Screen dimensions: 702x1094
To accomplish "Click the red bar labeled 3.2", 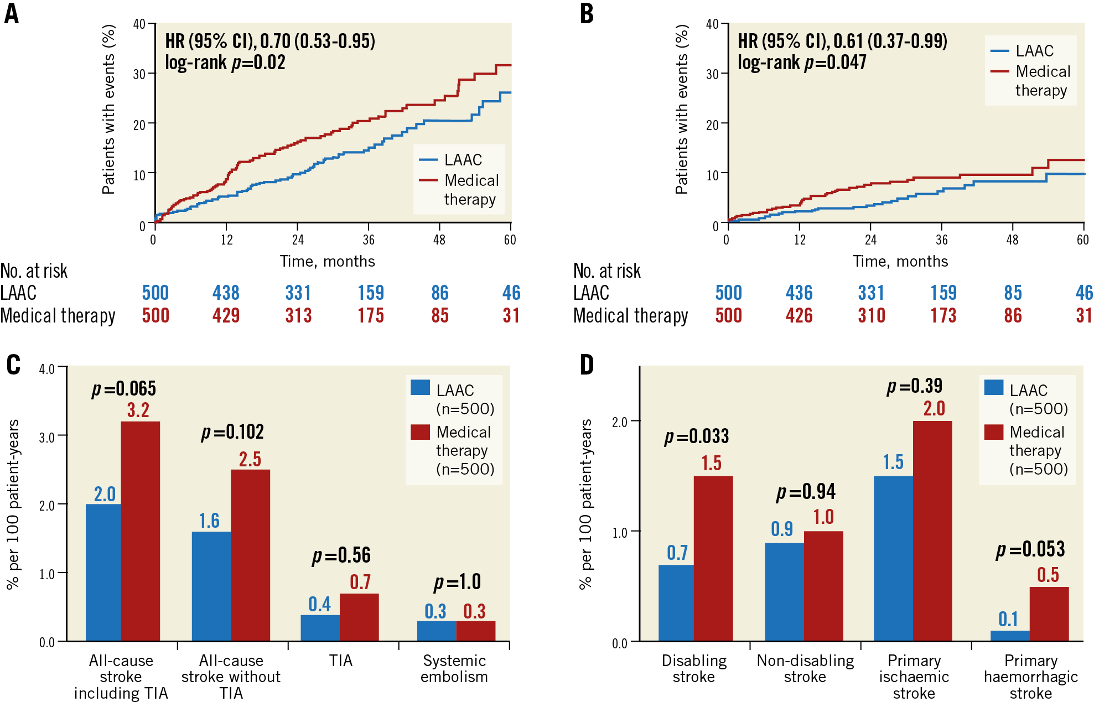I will [x=141, y=531].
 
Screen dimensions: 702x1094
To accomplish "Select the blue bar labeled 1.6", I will [x=211, y=586].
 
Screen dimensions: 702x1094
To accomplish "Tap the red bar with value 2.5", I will [x=251, y=555].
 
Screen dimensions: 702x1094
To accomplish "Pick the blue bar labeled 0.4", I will [x=320, y=627].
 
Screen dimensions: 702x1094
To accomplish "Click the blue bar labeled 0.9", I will [x=784, y=591].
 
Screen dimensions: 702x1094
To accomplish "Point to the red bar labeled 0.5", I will [x=1049, y=613].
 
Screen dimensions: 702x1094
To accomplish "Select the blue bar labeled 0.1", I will [x=1010, y=635].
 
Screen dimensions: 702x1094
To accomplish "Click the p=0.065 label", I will [x=124, y=389].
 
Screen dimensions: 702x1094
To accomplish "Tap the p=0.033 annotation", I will [x=697, y=436].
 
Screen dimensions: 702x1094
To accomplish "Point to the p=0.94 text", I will [x=806, y=492].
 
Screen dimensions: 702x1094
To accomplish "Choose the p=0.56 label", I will [x=341, y=555].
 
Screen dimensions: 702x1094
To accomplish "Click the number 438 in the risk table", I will [x=226, y=293].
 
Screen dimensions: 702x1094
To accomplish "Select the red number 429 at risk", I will [x=226, y=315].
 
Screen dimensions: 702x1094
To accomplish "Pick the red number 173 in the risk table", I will [x=943, y=315].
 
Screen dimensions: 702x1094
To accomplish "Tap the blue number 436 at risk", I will [x=799, y=293].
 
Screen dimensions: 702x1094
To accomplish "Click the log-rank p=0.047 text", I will [x=802, y=63].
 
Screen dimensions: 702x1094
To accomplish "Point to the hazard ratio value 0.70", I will [x=275, y=41].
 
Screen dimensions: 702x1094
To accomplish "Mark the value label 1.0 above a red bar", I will [x=823, y=517].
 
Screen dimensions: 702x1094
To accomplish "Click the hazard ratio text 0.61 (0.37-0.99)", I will [x=890, y=41].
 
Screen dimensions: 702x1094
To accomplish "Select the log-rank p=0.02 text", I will [x=225, y=63].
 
